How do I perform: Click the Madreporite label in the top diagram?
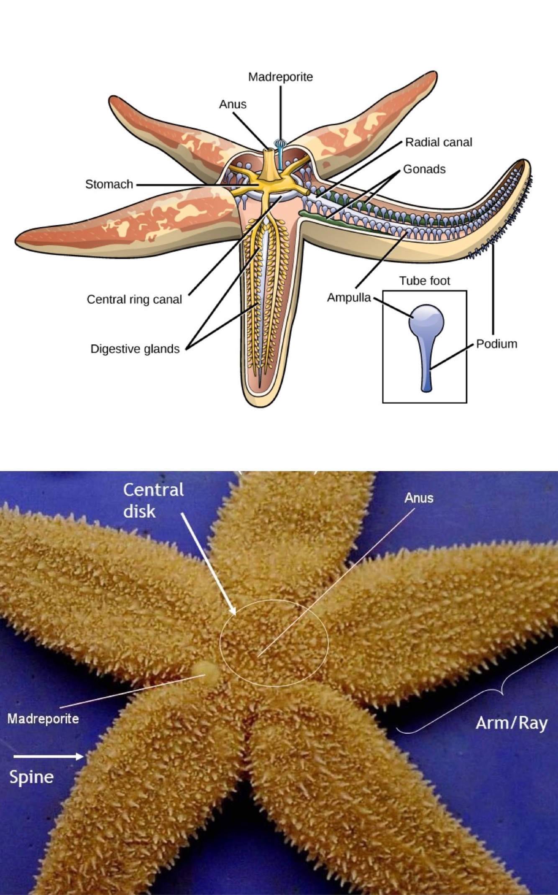tap(280, 77)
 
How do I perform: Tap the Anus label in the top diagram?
tap(233, 104)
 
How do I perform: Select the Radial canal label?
tap(438, 142)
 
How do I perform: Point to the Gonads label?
tap(424, 169)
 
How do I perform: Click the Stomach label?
tap(109, 184)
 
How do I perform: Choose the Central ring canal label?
tap(134, 300)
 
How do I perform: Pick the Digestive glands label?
tap(135, 349)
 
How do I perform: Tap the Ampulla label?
tap(349, 297)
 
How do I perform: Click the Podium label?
tap(497, 344)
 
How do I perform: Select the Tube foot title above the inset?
tap(425, 281)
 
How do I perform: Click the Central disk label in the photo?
tap(153, 500)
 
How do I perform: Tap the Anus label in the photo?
tap(419, 498)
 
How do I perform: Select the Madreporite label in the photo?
tap(43, 719)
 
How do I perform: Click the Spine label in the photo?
tap(31, 777)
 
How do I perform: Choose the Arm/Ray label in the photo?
tap(511, 723)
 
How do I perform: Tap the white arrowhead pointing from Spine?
tap(79, 756)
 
